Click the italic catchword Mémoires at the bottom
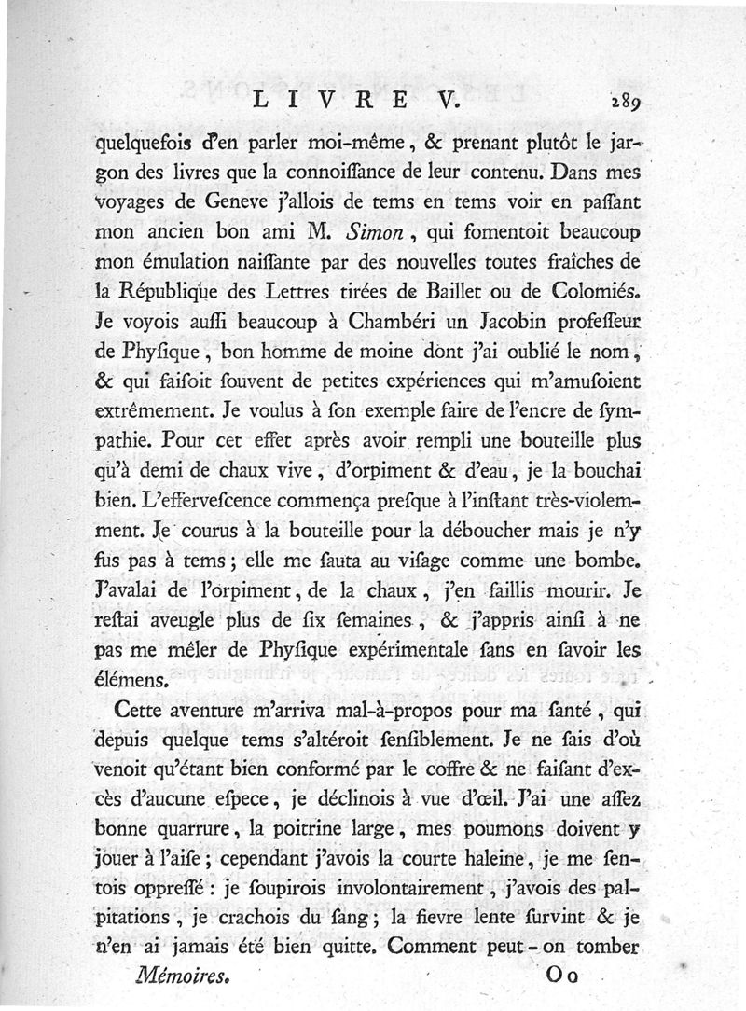(x=182, y=977)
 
